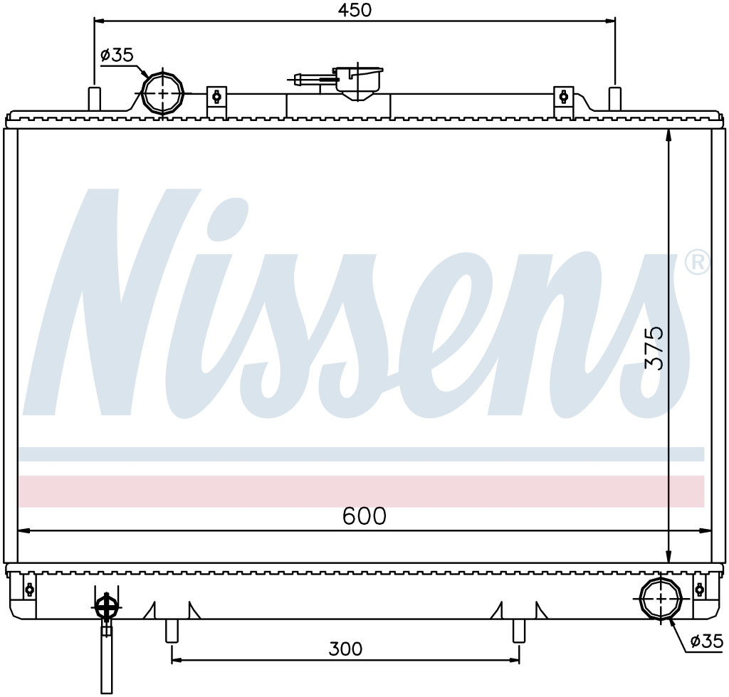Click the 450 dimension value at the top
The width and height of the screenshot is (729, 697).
click(x=355, y=10)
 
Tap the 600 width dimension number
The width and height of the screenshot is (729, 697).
click(x=364, y=516)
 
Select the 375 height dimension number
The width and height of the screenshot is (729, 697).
click(x=655, y=347)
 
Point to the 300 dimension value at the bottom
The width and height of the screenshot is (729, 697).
click(x=345, y=649)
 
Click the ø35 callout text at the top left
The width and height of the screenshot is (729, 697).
click(x=117, y=56)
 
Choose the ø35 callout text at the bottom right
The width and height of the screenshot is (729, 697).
click(x=707, y=641)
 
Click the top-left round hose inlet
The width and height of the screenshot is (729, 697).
click(x=163, y=93)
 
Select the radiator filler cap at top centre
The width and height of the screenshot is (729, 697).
click(x=358, y=84)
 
